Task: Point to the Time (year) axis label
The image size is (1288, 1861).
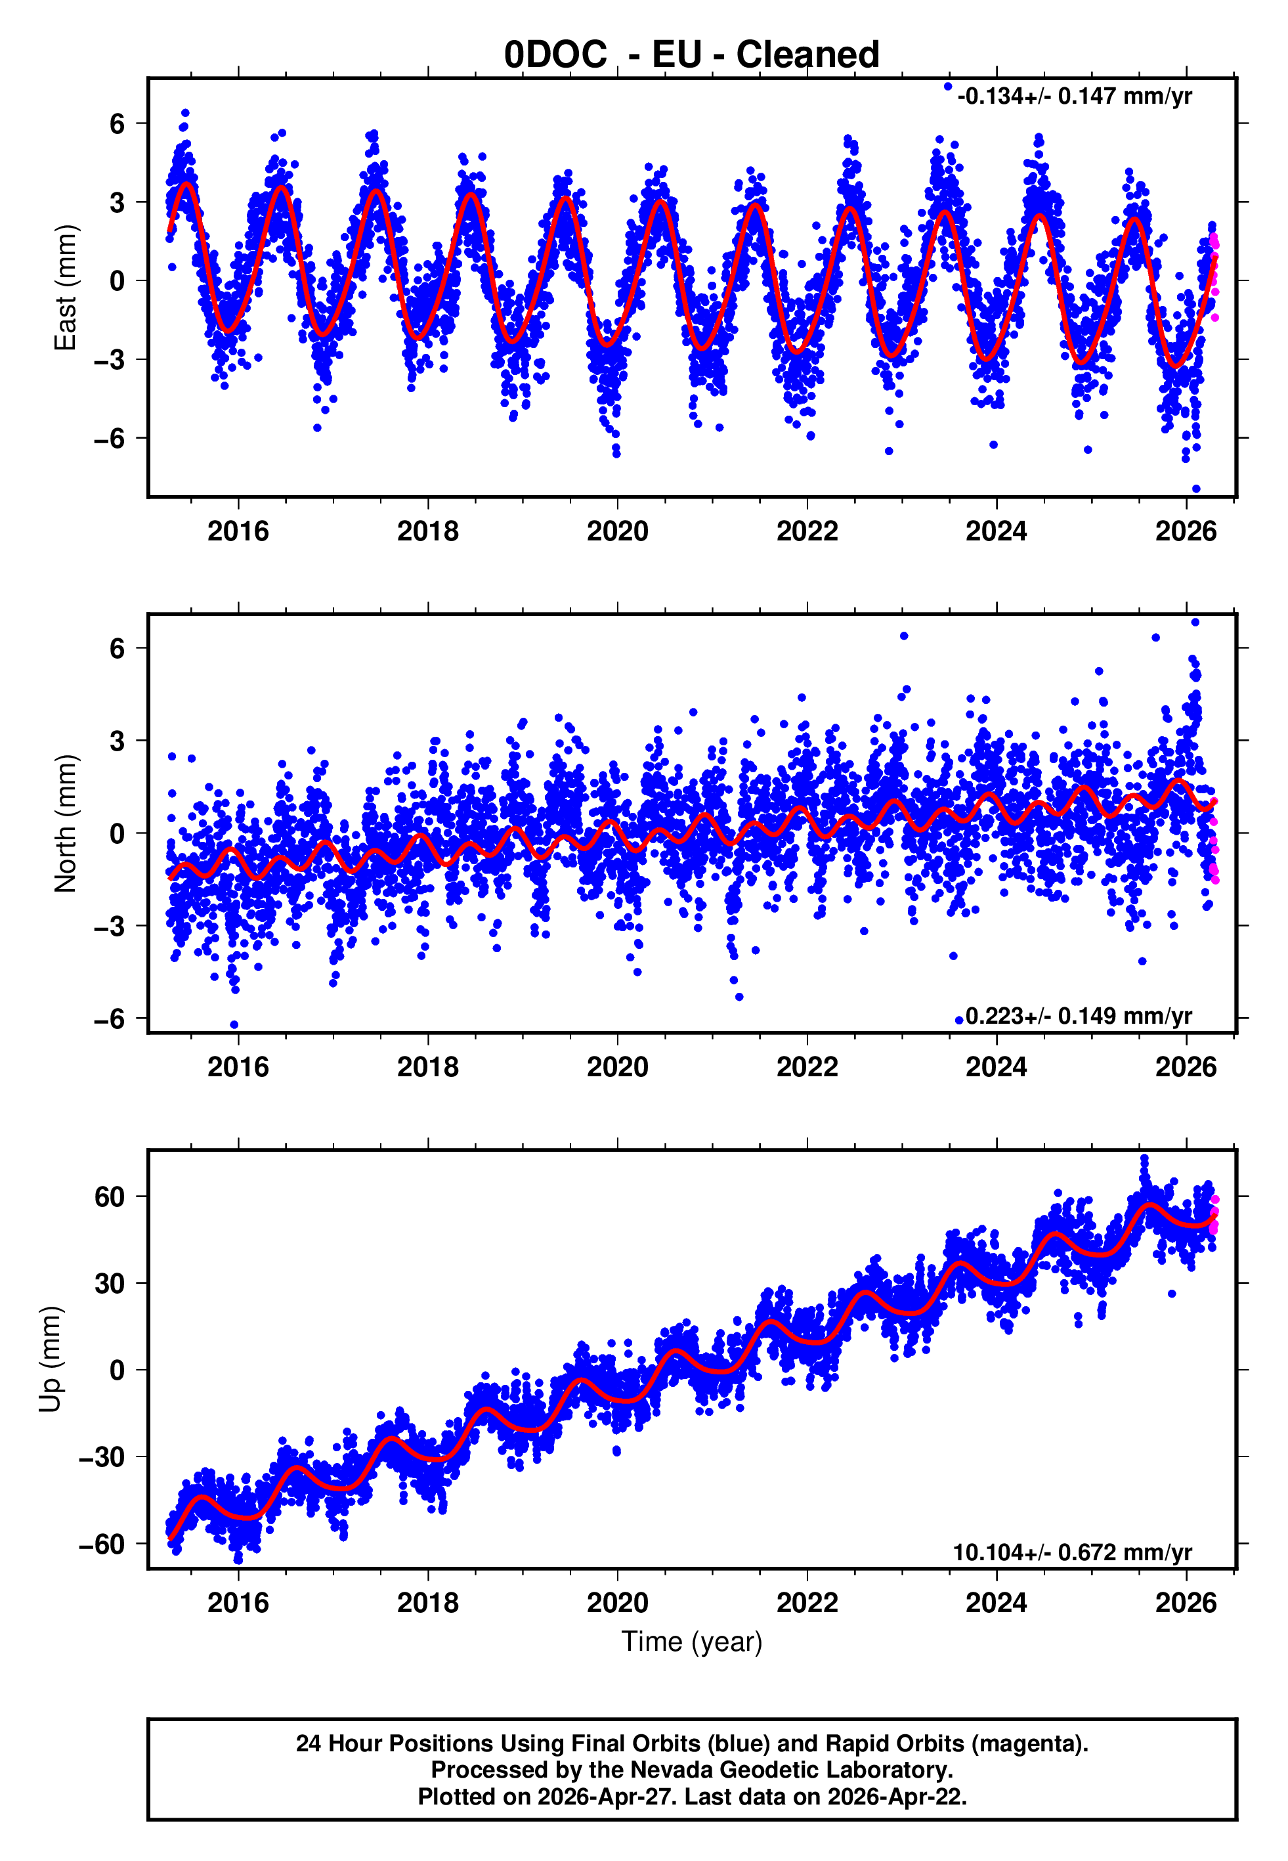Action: pos(692,1642)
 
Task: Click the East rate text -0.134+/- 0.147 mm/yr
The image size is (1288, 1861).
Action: pos(1074,97)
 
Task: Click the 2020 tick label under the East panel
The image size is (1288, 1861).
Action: pos(617,531)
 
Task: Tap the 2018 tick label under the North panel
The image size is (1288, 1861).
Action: pos(428,1067)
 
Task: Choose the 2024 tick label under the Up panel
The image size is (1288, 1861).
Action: pos(997,1602)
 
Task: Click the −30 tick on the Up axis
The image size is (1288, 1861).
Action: pos(102,1456)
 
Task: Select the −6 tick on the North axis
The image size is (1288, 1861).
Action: pos(110,1019)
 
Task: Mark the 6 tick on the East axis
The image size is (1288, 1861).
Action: pos(118,124)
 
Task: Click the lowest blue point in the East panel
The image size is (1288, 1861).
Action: pos(1196,489)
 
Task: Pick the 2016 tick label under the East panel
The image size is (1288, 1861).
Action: pos(238,531)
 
